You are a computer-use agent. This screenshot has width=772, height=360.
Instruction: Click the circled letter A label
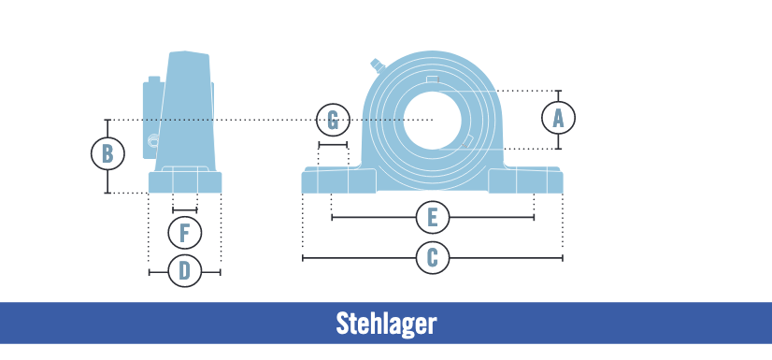559,118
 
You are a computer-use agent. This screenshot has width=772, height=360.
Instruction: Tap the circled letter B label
107,152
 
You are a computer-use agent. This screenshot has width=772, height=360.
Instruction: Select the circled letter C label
432,257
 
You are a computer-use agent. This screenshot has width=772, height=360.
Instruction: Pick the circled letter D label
185,271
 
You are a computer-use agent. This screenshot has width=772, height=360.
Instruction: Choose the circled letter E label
432,218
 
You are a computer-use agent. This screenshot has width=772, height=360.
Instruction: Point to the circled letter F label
185,231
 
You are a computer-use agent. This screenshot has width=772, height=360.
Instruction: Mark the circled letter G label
333,120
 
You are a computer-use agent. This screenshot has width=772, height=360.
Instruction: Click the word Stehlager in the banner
386,324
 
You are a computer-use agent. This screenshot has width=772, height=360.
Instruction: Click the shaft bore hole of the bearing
433,121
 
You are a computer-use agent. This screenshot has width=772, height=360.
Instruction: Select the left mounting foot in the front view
337,180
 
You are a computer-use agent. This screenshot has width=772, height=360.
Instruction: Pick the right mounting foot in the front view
525,180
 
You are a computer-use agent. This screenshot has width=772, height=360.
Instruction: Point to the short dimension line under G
333,145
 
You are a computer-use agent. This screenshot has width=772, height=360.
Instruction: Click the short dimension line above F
185,210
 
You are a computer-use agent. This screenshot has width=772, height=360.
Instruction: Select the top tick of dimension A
559,91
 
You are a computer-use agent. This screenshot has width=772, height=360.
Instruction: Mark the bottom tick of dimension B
107,193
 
